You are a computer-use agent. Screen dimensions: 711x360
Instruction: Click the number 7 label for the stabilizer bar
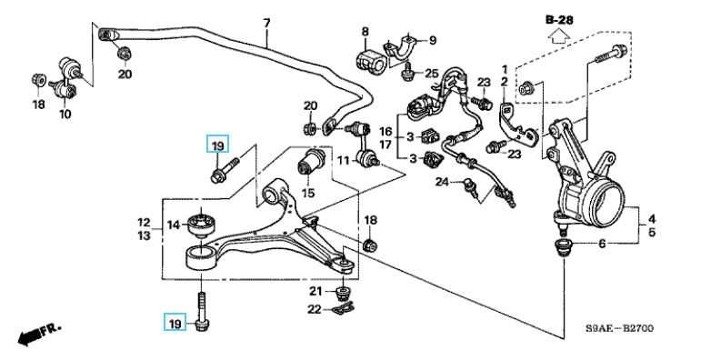266,23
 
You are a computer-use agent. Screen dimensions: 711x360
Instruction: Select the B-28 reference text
559,20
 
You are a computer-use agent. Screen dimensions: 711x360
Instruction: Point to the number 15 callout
308,193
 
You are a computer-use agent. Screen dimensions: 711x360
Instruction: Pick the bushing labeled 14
203,222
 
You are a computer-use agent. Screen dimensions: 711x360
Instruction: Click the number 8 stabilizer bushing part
368,59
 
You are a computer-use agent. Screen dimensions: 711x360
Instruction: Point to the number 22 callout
315,310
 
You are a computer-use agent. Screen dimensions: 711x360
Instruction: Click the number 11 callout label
344,161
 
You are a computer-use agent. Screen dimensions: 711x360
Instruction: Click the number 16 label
386,132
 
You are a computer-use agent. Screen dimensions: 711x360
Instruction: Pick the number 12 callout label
144,223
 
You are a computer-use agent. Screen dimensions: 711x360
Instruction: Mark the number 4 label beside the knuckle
652,219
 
